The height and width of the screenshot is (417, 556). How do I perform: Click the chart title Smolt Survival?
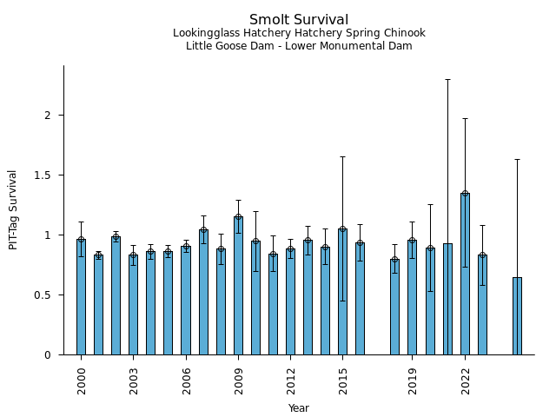coord(299,20)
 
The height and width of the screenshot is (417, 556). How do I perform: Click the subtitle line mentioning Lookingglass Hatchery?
coord(299,34)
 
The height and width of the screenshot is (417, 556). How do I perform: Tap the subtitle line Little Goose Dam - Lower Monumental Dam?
coord(299,46)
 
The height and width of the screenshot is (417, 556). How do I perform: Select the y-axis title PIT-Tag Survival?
coord(13,209)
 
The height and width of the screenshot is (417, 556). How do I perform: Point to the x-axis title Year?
coord(299,408)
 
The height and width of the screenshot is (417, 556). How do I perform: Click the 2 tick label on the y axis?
coord(49,116)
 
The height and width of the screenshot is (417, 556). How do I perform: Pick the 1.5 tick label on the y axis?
coord(43,175)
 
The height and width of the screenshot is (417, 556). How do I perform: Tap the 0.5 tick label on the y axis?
coord(43,295)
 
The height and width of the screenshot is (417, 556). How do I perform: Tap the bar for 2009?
coord(238,286)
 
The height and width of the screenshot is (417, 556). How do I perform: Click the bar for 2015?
coord(342,292)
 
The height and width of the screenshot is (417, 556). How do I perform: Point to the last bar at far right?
coord(517,316)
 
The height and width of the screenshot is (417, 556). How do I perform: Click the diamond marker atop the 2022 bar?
coord(465,194)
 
